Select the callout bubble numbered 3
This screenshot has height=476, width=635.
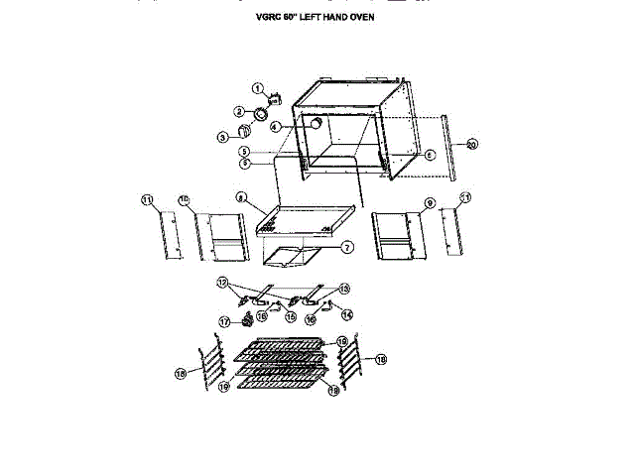point(224,136)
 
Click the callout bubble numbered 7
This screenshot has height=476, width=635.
point(347,246)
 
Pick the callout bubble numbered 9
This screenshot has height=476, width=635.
point(430,203)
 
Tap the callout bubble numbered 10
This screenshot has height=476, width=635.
point(184,201)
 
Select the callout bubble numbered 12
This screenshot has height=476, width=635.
point(223,282)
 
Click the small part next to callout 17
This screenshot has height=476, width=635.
point(238,320)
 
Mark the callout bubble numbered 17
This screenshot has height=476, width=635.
point(224,321)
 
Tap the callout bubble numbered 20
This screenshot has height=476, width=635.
point(472,145)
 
